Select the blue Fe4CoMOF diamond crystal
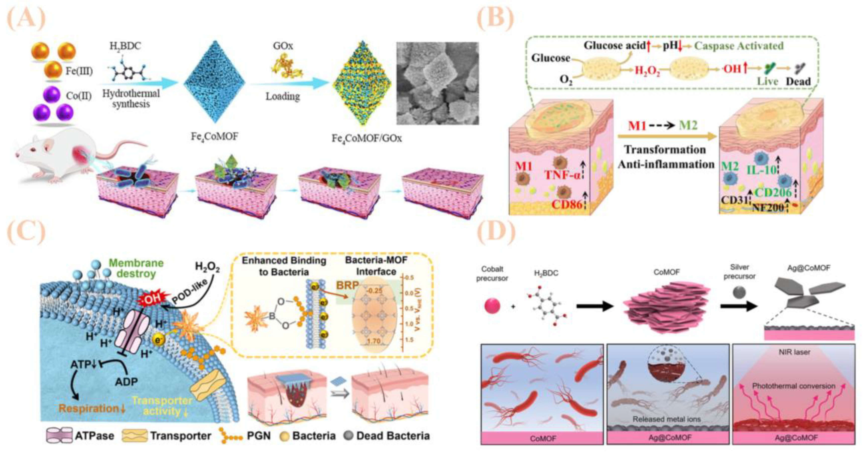tap(214, 82)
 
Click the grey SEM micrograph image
tap(438, 83)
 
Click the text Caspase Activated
tap(738, 46)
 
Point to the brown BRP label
tap(347, 285)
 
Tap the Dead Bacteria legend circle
tap(349, 436)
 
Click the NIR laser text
tap(794, 352)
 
